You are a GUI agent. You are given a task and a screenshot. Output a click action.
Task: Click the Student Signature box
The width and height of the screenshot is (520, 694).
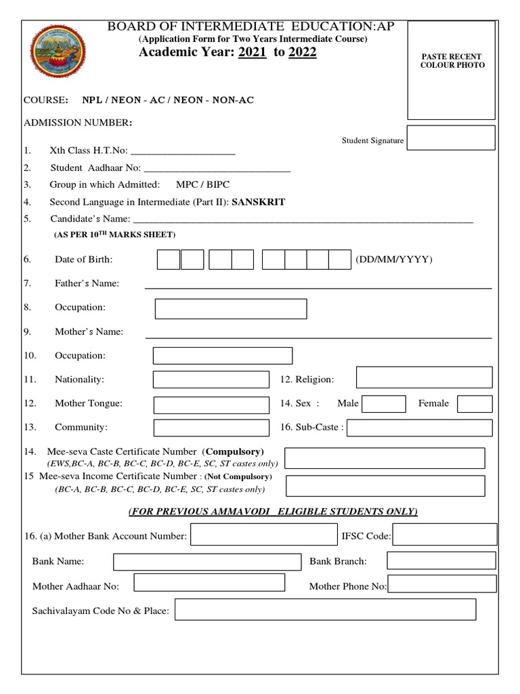tap(450, 138)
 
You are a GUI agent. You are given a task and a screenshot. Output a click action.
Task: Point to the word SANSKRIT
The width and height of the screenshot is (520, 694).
tap(259, 202)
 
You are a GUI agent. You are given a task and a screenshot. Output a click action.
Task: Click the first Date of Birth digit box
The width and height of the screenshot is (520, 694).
tap(169, 260)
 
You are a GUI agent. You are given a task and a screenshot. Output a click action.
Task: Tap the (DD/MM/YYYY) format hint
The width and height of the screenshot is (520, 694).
tap(393, 260)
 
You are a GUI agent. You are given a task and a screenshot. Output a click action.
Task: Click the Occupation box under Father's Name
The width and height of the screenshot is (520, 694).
tap(231, 308)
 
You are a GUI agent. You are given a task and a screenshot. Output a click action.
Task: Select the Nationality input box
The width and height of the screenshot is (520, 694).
tap(211, 380)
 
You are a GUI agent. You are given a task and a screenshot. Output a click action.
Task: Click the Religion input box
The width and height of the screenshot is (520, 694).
tap(424, 377)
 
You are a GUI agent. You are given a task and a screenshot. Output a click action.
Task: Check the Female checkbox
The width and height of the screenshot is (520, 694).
tap(475, 404)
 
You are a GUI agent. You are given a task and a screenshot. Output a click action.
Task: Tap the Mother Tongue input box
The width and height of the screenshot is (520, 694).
tap(211, 405)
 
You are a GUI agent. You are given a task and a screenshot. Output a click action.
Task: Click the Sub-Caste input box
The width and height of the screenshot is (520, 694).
tap(419, 428)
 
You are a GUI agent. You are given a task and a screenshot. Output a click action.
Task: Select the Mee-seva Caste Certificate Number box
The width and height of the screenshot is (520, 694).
tap(385, 458)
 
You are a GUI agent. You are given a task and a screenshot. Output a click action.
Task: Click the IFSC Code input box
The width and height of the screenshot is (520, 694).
tap(445, 536)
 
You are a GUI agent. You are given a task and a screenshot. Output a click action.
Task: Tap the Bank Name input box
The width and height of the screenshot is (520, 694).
tap(207, 562)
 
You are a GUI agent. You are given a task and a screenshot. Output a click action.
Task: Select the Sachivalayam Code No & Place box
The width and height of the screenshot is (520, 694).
tap(325, 610)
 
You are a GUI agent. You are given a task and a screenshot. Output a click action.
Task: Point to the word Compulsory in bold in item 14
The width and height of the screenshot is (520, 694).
tap(234, 451)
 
